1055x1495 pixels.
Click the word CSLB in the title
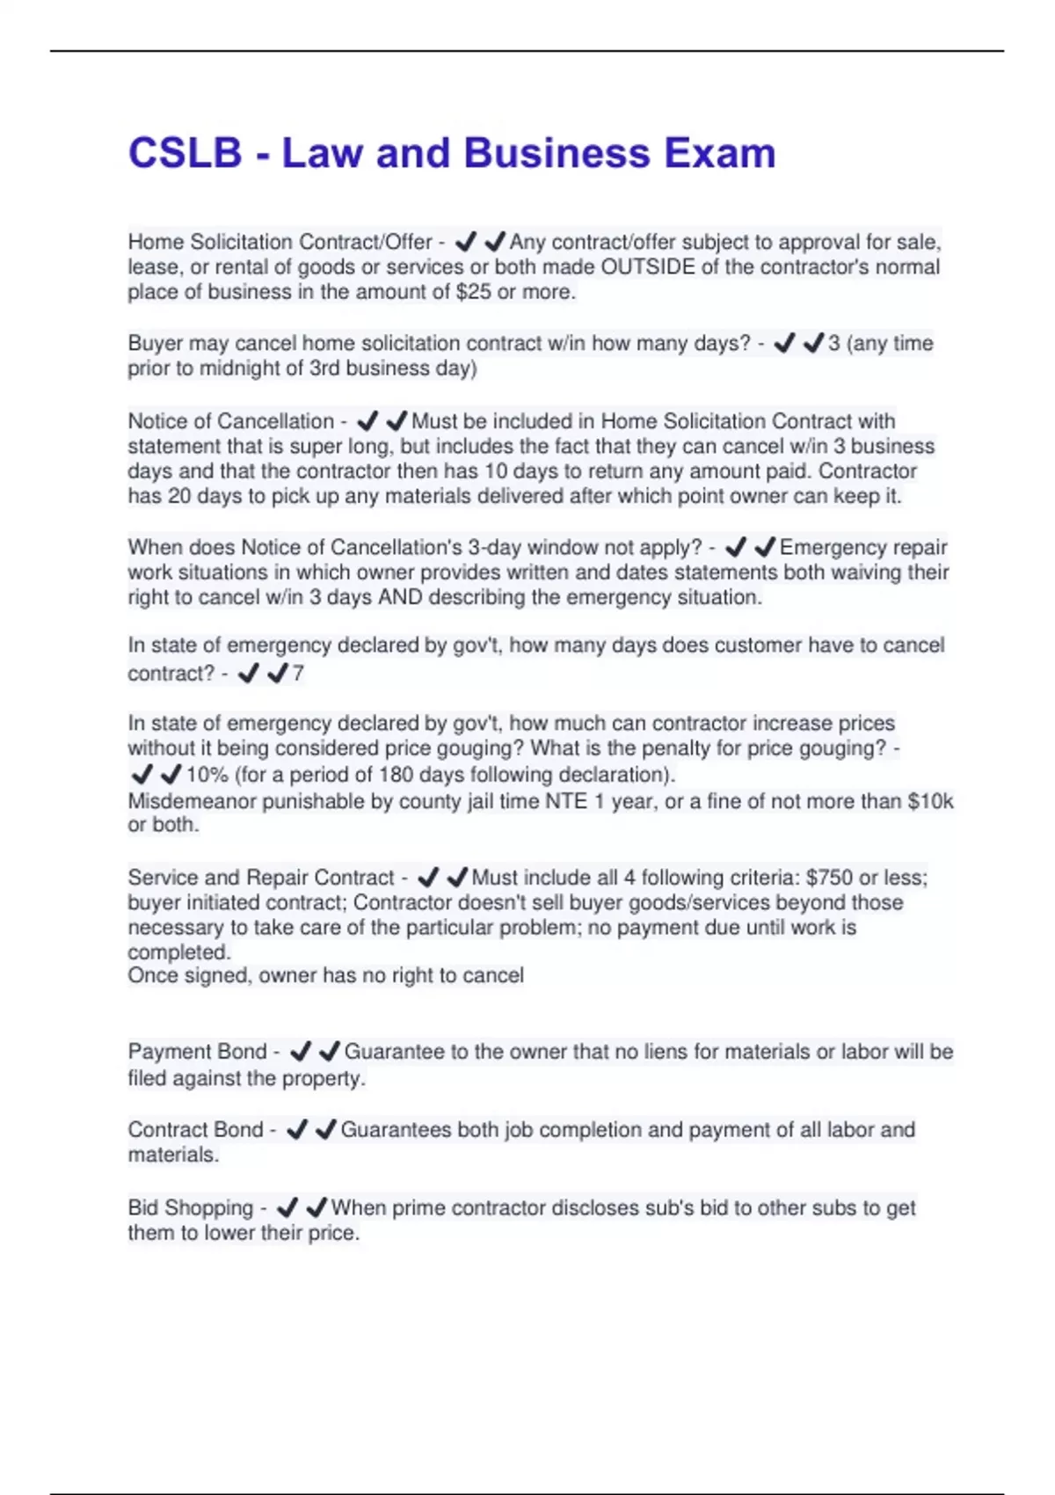click(185, 153)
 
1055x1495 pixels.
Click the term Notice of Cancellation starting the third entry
click(230, 421)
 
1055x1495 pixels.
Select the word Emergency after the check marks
click(829, 547)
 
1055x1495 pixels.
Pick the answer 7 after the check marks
click(298, 674)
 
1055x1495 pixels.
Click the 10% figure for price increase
click(207, 775)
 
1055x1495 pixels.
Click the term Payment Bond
click(197, 1052)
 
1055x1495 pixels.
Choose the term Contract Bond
click(195, 1130)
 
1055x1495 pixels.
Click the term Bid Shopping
click(190, 1208)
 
